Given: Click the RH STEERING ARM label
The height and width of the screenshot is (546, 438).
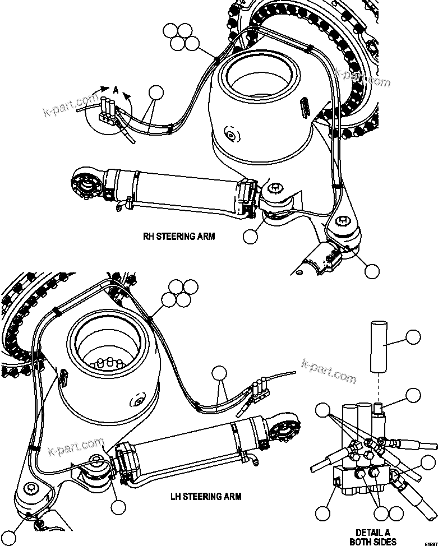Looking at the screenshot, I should pyautogui.click(x=178, y=236).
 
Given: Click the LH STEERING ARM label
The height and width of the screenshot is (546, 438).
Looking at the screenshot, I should pyautogui.click(x=205, y=496).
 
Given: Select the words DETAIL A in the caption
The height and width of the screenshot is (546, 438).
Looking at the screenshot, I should pyautogui.click(x=372, y=533).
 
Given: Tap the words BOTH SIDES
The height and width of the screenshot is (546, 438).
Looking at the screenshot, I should pyautogui.click(x=372, y=542).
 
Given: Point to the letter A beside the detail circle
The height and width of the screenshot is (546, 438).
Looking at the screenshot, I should pyautogui.click(x=115, y=89).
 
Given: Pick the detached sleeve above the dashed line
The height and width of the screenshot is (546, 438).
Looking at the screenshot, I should pyautogui.click(x=379, y=345).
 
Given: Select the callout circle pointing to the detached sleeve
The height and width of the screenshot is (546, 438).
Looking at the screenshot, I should pyautogui.click(x=413, y=337).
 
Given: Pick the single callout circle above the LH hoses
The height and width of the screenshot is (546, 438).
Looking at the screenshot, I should pyautogui.click(x=219, y=373).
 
